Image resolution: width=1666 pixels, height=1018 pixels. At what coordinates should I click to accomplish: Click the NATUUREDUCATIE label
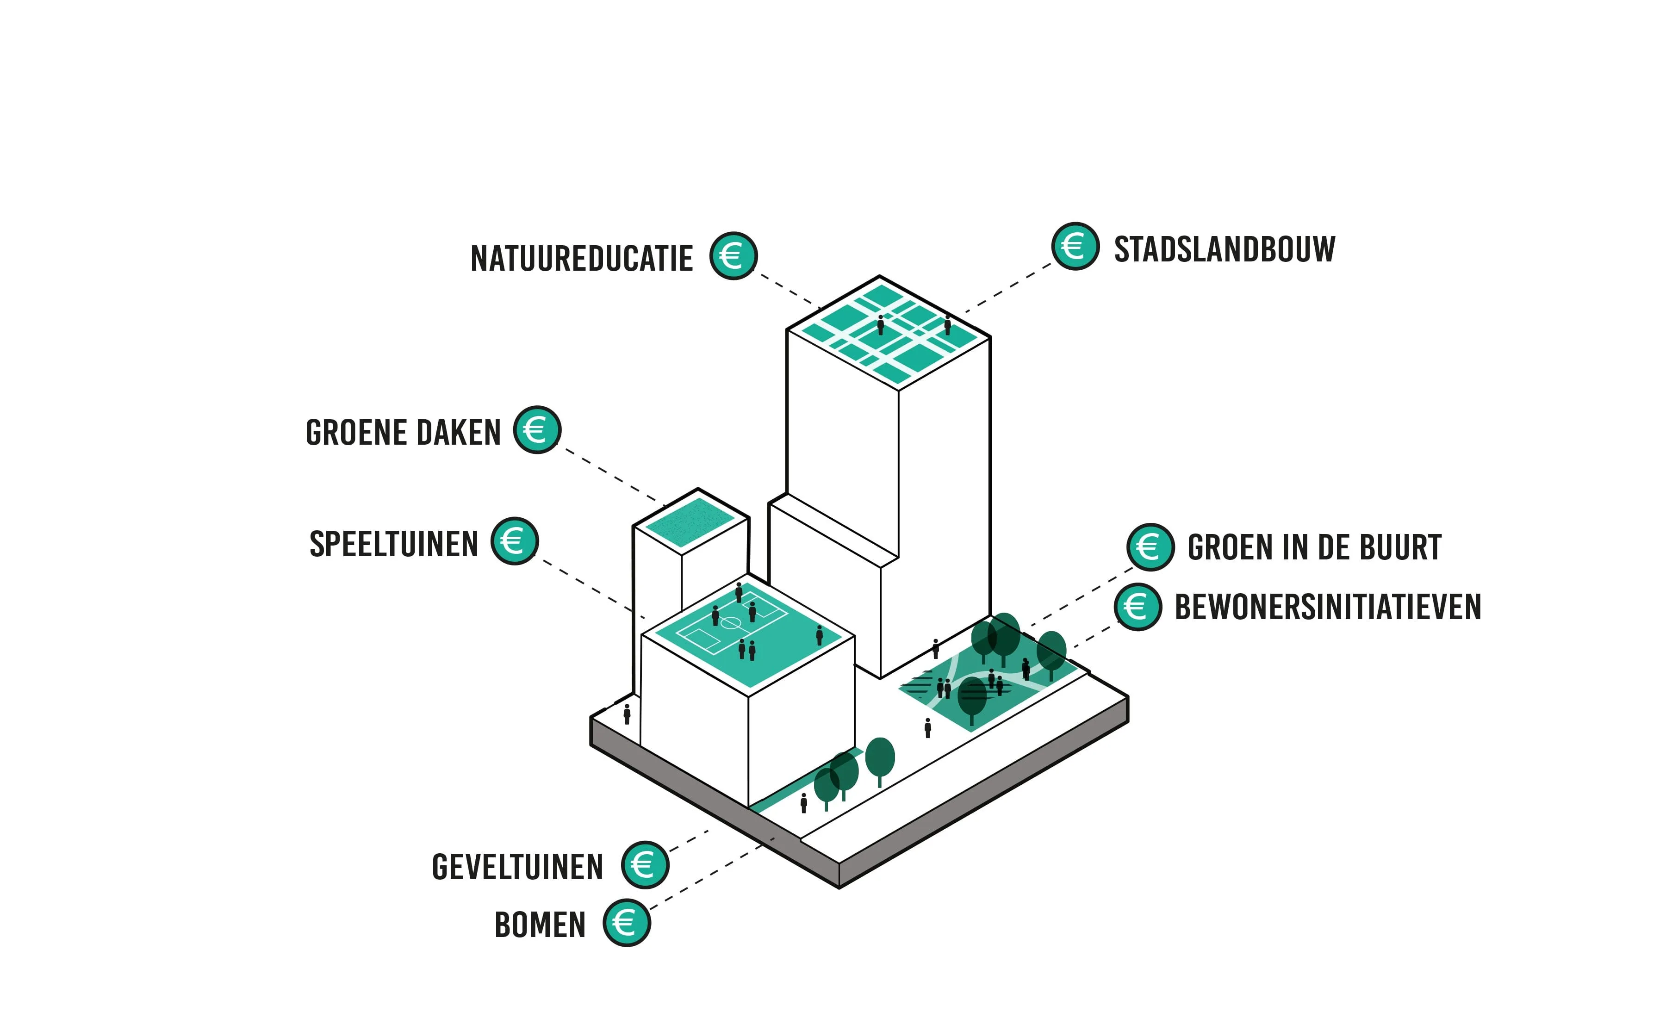[581, 259]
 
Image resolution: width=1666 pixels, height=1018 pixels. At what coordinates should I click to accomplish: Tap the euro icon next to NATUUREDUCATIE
[733, 255]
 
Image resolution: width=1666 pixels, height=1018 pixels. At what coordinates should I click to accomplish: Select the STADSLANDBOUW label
[1225, 249]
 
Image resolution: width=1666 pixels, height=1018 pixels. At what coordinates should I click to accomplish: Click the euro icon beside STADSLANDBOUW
[1075, 246]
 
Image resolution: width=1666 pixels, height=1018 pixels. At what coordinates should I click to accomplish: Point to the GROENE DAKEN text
[403, 433]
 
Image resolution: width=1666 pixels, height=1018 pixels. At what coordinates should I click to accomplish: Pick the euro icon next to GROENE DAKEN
[537, 430]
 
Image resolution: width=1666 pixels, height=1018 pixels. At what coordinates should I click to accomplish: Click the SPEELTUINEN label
[393, 544]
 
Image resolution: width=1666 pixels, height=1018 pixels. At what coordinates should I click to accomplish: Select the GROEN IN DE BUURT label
[1314, 547]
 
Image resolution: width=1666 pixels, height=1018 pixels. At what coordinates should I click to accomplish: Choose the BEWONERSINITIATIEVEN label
[1328, 607]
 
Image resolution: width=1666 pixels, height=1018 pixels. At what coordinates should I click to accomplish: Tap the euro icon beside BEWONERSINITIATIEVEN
[1138, 606]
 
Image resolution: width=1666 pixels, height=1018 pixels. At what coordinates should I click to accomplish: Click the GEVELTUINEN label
[517, 867]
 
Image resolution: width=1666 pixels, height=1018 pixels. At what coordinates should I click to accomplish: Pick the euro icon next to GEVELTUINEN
[645, 864]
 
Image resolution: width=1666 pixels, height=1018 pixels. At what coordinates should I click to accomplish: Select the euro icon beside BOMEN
[626, 923]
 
